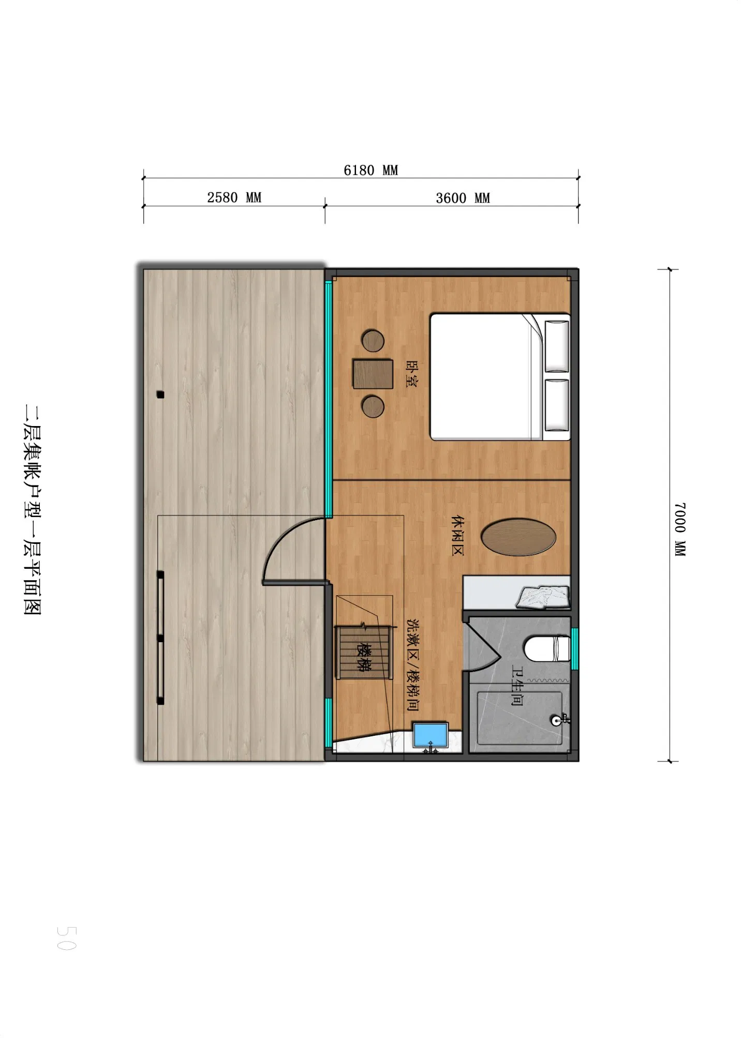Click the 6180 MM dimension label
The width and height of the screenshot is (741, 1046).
[x=371, y=171]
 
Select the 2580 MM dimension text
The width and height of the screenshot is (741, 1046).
[x=234, y=198]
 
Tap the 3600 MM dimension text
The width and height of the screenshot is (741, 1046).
[x=463, y=199]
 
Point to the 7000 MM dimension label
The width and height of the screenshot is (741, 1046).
[x=680, y=528]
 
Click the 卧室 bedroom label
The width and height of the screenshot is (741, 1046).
[x=412, y=374]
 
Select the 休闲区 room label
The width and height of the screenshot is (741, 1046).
[x=457, y=535]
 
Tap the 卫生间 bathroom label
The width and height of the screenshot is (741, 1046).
[x=517, y=686]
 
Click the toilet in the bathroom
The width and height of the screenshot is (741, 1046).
[x=547, y=648]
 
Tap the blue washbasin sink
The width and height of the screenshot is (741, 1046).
[x=431, y=735]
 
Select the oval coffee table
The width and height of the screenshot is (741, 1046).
[x=518, y=537]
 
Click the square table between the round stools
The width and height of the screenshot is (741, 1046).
[x=373, y=374]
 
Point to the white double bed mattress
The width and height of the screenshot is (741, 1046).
[x=481, y=377]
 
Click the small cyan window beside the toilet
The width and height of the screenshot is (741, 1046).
[x=574, y=648]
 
